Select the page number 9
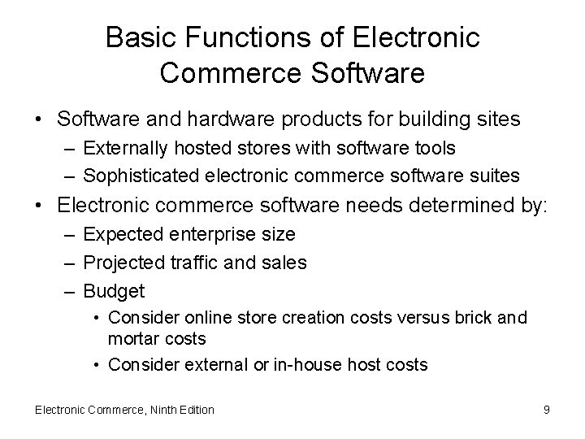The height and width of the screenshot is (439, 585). pyautogui.click(x=547, y=410)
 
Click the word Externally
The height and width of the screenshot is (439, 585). pyautogui.click(x=120, y=149)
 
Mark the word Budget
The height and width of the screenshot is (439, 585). pyautogui.click(x=114, y=290)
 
